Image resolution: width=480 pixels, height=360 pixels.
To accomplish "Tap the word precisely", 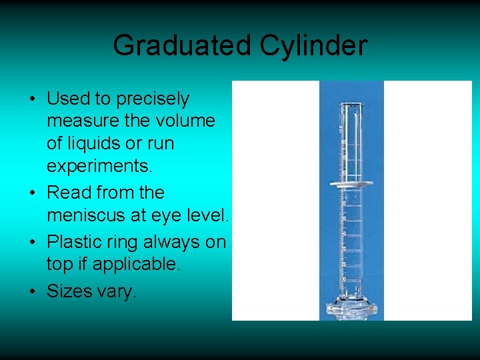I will click(153, 99).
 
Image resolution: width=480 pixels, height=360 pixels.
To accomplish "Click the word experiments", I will click(94, 165).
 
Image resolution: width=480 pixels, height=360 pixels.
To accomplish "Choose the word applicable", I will click(136, 265).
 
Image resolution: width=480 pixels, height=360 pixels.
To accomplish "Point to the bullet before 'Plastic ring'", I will click(33, 242).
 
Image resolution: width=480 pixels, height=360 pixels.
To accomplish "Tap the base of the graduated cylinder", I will click(351, 309).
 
